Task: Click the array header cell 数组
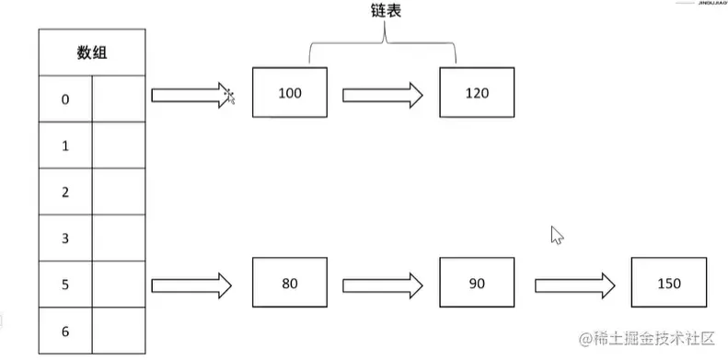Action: pos(91,52)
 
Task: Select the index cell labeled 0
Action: pos(65,99)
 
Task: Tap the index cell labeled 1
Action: pos(65,145)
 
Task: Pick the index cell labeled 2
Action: pos(65,192)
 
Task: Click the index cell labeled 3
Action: pos(65,238)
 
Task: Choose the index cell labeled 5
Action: pos(65,285)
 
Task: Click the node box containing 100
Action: pos(289,93)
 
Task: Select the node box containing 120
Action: pos(477,93)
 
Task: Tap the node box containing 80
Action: pos(289,283)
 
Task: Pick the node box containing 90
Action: pos(476,283)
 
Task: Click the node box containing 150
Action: pos(669,283)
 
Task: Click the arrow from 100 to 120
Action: pos(382,94)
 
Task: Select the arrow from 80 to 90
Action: pos(382,284)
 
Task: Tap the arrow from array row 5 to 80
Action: pos(191,284)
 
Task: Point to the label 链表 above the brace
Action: pos(384,13)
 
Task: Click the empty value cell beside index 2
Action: pos(119,192)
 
